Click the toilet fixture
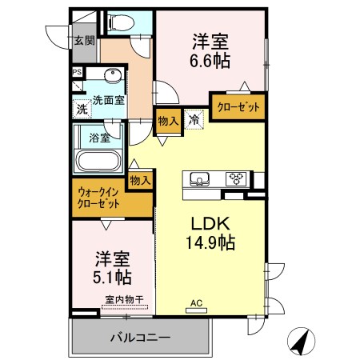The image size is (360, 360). click(x=121, y=22)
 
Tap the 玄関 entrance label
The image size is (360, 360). click(x=84, y=40)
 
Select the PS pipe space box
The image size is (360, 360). click(x=78, y=72)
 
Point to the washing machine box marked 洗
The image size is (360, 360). click(x=82, y=109)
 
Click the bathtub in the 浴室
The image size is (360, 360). click(x=98, y=161)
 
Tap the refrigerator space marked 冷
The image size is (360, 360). click(x=194, y=119)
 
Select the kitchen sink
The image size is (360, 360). click(x=199, y=179)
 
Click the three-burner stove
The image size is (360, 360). click(x=236, y=178)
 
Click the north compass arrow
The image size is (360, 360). click(x=302, y=342)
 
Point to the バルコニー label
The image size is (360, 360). click(x=141, y=338)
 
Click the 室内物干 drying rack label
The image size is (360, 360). click(x=125, y=300)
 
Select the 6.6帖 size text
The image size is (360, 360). click(x=210, y=61)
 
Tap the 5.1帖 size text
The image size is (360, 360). click(x=112, y=278)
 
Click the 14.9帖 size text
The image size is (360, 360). click(x=210, y=242)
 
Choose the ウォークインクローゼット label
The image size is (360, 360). click(x=98, y=198)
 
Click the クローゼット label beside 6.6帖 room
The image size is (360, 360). click(x=238, y=107)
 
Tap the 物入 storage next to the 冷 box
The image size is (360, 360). click(x=168, y=122)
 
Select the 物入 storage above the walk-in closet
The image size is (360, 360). click(x=140, y=181)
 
